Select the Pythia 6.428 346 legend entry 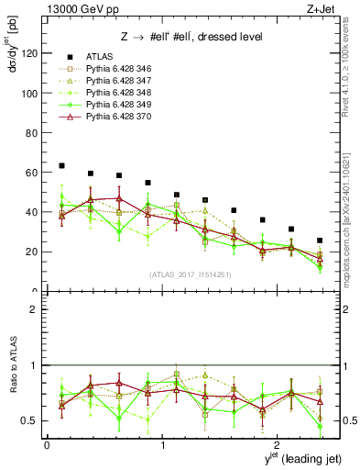[x=115, y=69]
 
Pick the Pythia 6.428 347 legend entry [x=115, y=82]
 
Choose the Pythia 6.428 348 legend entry [x=115, y=95]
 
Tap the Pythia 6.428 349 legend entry [x=115, y=106]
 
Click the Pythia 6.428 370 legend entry [x=115, y=119]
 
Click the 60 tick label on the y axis [x=32, y=173]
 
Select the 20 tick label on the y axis [x=32, y=252]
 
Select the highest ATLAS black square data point [x=61, y=165]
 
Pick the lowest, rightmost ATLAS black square [x=320, y=241]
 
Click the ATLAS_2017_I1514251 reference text [x=191, y=273]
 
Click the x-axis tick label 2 [x=278, y=444]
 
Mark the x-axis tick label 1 [x=163, y=444]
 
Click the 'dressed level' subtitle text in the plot [x=228, y=36]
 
